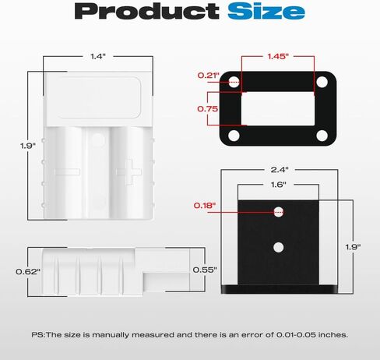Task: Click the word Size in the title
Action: click(x=266, y=11)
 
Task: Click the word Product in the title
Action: click(x=146, y=11)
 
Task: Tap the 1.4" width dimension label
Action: click(x=98, y=56)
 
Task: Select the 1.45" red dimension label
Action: click(x=278, y=56)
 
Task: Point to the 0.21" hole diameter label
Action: click(x=209, y=76)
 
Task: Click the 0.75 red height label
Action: click(x=208, y=108)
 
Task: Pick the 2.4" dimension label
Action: click(x=280, y=170)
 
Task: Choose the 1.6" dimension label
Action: click(x=278, y=185)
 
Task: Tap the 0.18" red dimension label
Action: click(x=205, y=206)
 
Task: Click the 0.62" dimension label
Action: click(x=28, y=272)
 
